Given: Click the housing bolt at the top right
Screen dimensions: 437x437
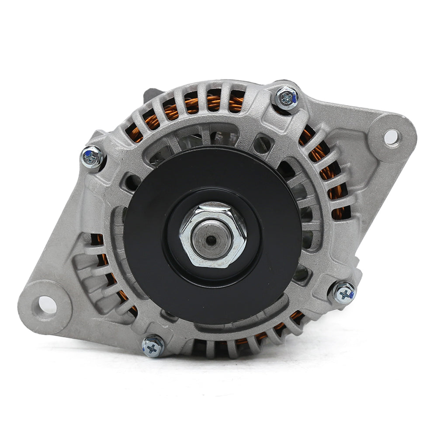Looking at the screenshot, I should tap(287, 98).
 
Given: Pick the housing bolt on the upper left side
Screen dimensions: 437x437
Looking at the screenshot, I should tap(93, 156).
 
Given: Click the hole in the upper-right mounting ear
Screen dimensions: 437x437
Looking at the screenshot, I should tap(391, 137).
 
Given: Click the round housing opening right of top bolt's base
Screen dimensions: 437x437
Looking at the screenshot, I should tap(263, 144).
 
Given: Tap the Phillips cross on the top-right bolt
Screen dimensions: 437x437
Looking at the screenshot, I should tap(287, 97).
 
